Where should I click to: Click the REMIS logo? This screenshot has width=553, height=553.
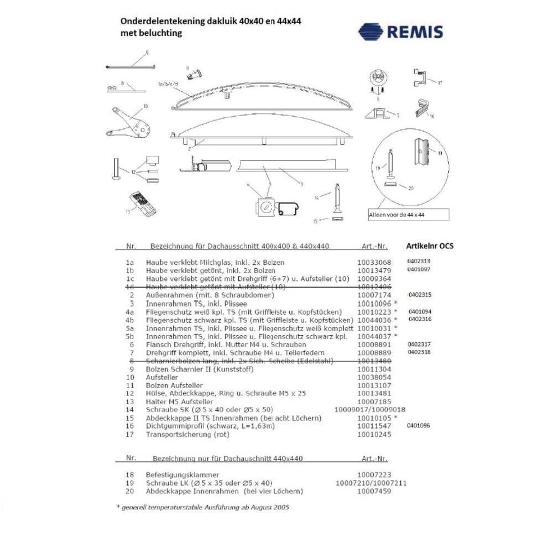point(400,31)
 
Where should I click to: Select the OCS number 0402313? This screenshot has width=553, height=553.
point(419,261)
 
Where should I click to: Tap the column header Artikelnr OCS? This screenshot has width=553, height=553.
point(429,246)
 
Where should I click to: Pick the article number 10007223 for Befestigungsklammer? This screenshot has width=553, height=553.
point(374,474)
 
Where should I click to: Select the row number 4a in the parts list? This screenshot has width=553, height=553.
point(131,312)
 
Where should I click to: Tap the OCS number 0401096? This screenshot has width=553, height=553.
point(419,425)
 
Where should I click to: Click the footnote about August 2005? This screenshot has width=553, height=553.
point(202,507)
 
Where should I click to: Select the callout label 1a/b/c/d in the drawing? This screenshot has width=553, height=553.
point(169,84)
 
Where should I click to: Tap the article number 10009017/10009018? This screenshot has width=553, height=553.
point(371,410)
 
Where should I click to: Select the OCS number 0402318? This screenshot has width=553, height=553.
point(419,352)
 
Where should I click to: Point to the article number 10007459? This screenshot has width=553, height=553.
point(374,491)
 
